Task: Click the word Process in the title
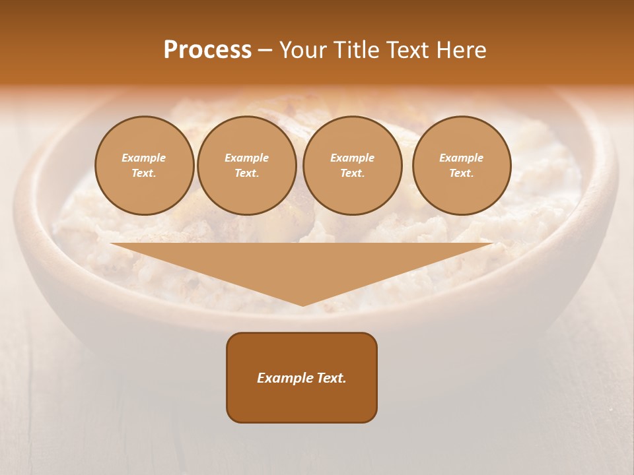pyautogui.click(x=207, y=50)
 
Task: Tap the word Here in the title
pyautogui.click(x=460, y=50)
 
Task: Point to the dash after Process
pyautogui.click(x=265, y=51)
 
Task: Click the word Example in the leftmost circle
pyautogui.click(x=144, y=158)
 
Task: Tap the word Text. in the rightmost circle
pyautogui.click(x=461, y=173)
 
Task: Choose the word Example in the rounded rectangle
pyautogui.click(x=285, y=378)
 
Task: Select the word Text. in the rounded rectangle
pyautogui.click(x=332, y=378)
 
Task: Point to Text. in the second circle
pyautogui.click(x=246, y=173)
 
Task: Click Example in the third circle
pyautogui.click(x=352, y=158)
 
